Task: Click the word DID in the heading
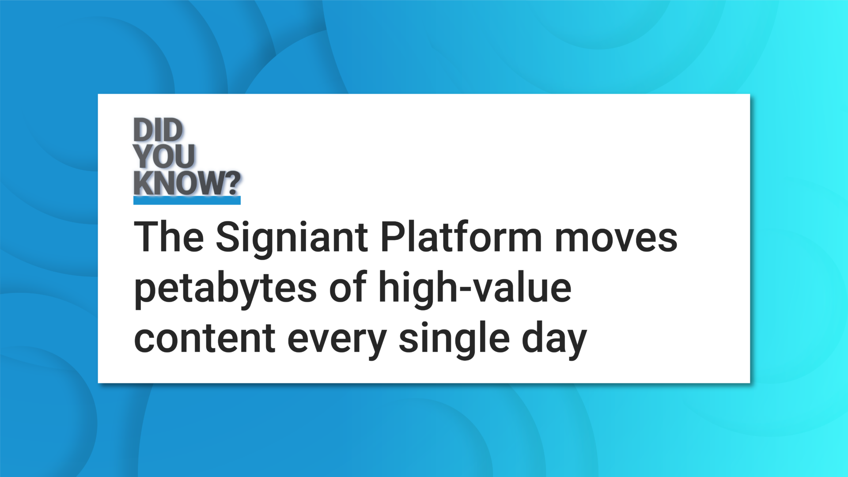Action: [158, 130]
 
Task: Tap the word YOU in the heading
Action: [164, 156]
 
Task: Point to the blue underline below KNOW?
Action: [187, 201]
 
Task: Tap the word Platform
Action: [461, 237]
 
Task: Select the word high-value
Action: [475, 288]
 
